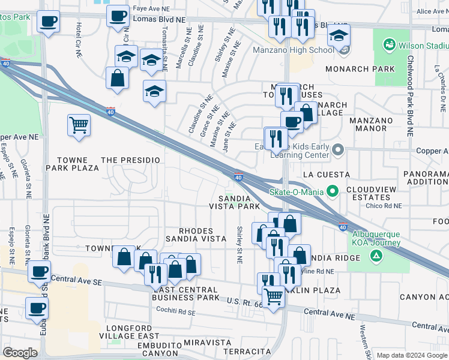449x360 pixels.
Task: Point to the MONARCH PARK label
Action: [x=360, y=69]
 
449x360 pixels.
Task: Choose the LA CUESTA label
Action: [x=326, y=175]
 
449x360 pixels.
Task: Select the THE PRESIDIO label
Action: [x=131, y=160]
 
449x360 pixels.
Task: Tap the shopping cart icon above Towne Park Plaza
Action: [x=79, y=125]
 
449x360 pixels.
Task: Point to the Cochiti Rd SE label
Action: [x=175, y=313]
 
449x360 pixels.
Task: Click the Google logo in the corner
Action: [x=20, y=353]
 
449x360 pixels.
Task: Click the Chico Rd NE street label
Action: [x=384, y=205]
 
